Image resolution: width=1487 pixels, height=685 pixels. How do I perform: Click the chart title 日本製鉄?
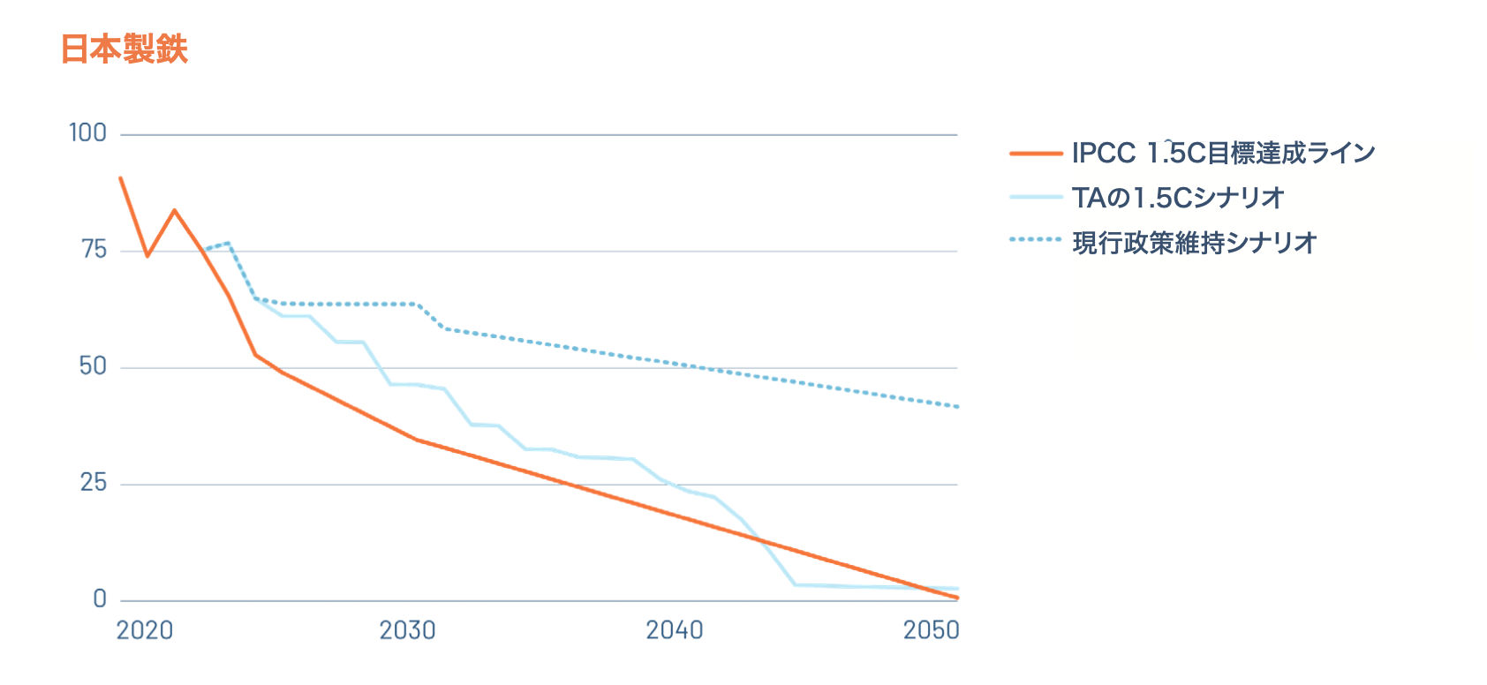125,49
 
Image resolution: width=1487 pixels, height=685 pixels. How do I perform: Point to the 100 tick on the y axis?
87,133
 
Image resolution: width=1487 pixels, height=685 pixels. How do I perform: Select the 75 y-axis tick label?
94,250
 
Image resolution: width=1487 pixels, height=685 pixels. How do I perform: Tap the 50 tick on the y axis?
93,366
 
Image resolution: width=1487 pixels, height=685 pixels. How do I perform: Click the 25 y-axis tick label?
94,483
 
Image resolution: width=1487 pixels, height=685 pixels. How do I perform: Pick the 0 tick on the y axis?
100,598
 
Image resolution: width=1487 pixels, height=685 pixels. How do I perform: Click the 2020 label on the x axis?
145,630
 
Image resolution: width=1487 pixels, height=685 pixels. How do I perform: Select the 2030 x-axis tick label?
408,630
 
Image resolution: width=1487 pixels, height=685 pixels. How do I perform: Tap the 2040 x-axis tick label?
675,630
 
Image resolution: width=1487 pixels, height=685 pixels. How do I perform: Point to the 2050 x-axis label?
932,630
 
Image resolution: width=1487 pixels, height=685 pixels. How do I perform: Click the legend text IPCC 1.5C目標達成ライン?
1224,154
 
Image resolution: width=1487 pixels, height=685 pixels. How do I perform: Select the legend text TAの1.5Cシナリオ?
1178,198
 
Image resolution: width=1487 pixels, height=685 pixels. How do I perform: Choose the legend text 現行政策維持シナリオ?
1194,243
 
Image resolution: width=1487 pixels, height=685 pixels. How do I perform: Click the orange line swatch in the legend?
1036,154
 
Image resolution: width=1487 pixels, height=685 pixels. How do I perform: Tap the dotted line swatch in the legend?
1036,239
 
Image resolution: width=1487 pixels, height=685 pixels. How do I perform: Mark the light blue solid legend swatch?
1036,197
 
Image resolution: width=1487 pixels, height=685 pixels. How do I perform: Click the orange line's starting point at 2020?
121,178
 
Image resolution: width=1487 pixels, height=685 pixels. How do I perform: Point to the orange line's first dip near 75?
147,255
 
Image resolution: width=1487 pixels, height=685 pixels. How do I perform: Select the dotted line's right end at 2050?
957,407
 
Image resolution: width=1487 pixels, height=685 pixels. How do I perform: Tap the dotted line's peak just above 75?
229,243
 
